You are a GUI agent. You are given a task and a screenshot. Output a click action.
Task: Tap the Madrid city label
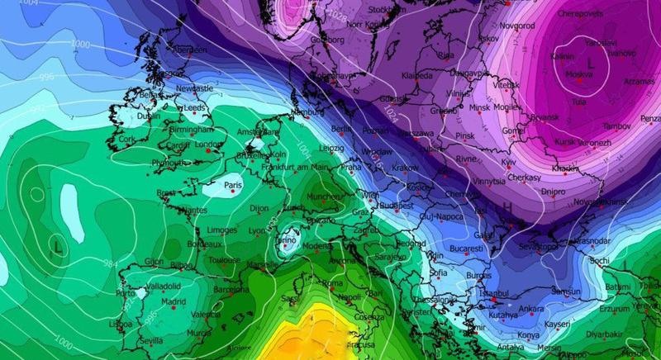[174, 302]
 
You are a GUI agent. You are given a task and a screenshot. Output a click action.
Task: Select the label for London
[209, 144]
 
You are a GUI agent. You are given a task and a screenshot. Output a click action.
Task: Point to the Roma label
[331, 283]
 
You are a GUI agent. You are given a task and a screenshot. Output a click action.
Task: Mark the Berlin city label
[341, 129]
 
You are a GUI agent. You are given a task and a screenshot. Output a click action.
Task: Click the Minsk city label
[479, 108]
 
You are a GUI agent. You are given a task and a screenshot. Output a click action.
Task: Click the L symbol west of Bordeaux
[57, 246]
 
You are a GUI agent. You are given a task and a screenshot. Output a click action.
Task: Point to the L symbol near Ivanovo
[590, 62]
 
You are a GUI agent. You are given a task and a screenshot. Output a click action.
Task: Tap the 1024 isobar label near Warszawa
[383, 122]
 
